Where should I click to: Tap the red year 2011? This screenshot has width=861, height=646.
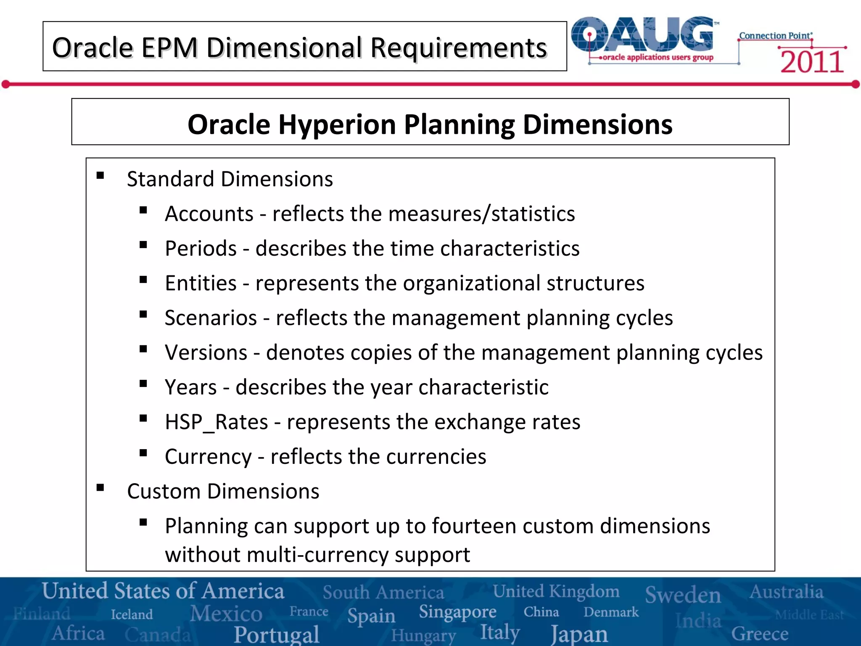(812, 62)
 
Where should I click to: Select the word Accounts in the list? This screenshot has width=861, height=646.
(209, 214)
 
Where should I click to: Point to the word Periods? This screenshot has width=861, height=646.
(201, 248)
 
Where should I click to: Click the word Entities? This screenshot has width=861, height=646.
(201, 283)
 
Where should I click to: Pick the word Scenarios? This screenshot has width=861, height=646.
(211, 318)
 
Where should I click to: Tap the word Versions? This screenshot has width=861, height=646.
(206, 352)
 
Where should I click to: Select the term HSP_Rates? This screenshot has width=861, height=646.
(216, 422)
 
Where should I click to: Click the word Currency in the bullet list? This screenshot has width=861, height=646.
(208, 457)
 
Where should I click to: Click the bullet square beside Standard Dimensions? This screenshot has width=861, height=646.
(100, 176)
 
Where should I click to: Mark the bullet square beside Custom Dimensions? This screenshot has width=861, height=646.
(100, 488)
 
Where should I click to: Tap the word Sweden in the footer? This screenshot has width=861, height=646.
(683, 594)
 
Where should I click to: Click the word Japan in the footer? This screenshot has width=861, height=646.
(579, 634)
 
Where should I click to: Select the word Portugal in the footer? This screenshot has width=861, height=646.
(277, 634)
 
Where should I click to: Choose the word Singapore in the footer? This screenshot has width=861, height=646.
(457, 612)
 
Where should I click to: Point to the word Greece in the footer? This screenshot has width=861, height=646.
(760, 634)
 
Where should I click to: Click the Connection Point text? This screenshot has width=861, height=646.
(775, 36)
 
